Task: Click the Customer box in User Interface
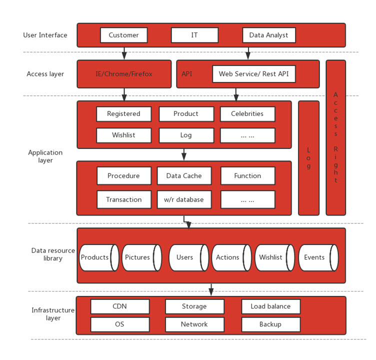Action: [123, 35]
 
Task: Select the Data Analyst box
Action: [268, 35]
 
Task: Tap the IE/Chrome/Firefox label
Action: [123, 74]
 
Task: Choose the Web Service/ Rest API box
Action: [253, 74]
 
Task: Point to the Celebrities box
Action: [247, 113]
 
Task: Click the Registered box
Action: [123, 113]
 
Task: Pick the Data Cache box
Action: [184, 175]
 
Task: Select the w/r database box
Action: [184, 199]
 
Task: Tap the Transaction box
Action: [123, 199]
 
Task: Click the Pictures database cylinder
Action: [140, 257]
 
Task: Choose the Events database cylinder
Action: [317, 257]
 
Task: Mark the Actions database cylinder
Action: [230, 257]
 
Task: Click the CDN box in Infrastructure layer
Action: [119, 306]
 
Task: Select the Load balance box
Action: [270, 306]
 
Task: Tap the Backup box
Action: [270, 324]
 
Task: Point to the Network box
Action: [194, 324]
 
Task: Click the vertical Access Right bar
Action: [335, 137]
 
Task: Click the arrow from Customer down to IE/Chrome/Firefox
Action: [124, 53]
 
